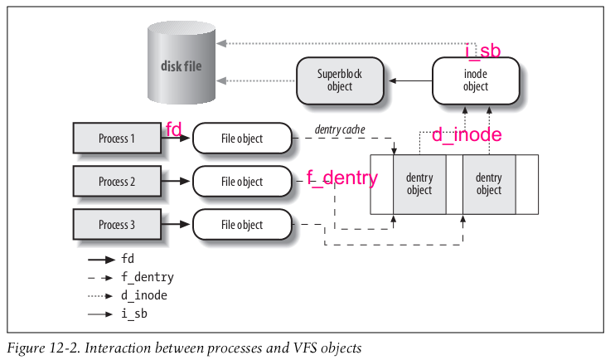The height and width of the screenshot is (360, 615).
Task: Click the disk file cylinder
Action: coord(182,62)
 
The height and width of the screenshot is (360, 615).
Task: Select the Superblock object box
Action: coord(340,80)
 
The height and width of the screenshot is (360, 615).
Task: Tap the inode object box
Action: coord(476,80)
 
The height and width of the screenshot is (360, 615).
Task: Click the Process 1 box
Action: coord(117,139)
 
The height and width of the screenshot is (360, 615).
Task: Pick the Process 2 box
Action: coord(117,182)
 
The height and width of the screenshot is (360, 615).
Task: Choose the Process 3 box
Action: coord(117,225)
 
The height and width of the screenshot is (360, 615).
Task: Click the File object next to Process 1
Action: coord(242,139)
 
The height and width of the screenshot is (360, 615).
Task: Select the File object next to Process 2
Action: coord(242,182)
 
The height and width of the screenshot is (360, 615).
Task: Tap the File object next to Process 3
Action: coord(242,225)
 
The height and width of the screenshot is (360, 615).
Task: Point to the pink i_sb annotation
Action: coord(483,51)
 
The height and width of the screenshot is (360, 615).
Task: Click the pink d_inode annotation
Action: coord(467,134)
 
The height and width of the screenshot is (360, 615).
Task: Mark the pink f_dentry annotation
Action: coord(342,178)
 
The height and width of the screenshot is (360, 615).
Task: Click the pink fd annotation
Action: coord(174,129)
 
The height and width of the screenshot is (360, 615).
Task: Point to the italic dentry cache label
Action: coord(340,129)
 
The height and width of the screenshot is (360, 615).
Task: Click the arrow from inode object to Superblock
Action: coord(410,80)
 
